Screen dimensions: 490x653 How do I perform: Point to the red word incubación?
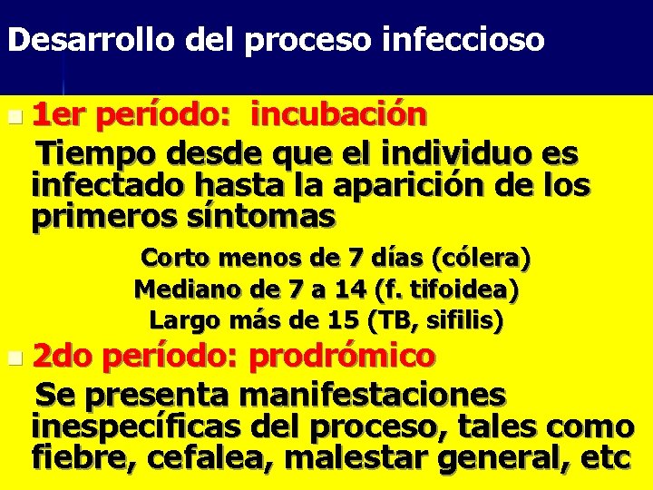coord(338,115)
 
